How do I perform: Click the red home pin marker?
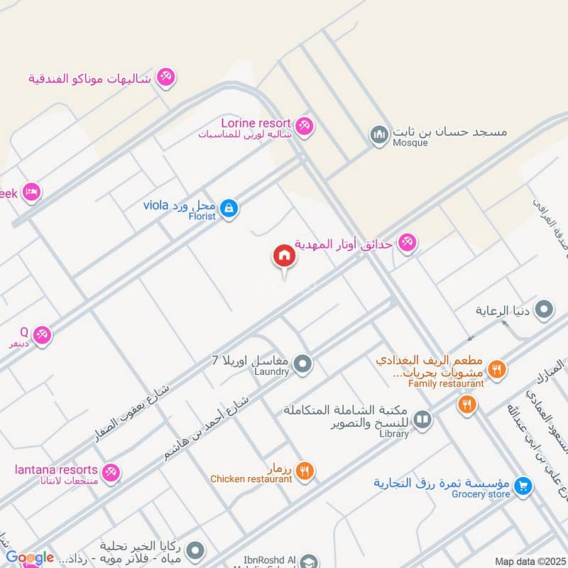coord(284,256)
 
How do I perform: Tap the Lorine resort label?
coord(246,123)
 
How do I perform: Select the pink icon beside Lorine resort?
coord(305,126)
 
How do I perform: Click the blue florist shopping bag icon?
coord(229,208)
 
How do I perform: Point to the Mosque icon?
coord(378,133)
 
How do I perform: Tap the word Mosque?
coord(410,143)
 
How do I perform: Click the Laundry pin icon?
coord(303,364)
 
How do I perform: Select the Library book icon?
coord(422,420)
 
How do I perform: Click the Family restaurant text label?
coord(446,383)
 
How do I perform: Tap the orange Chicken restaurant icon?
coord(305,469)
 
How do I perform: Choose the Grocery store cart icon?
coord(523,486)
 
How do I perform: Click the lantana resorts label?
coord(56,470)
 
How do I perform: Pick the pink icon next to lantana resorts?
coord(110,472)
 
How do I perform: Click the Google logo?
coord(30,558)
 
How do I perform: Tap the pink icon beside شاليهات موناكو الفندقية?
coord(165,77)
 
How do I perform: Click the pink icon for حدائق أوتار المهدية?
coord(407,244)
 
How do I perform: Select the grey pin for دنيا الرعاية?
coord(545,310)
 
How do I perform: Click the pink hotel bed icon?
coord(31,192)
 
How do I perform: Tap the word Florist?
coord(202,216)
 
